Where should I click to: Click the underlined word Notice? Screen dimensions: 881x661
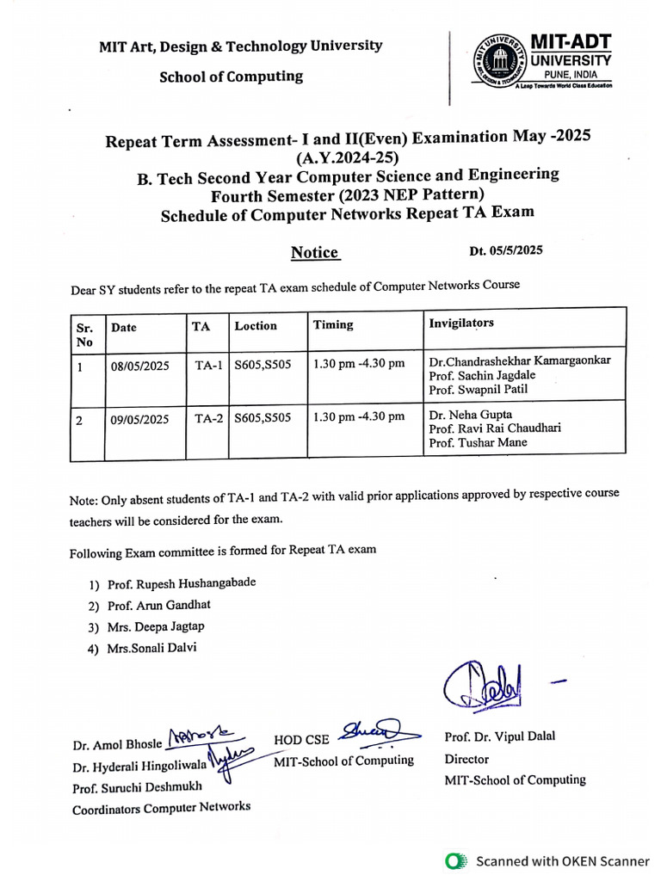tap(314, 252)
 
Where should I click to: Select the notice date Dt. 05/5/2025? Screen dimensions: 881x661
tap(506, 251)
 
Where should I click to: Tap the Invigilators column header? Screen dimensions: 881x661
tap(461, 323)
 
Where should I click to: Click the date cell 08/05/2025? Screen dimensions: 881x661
tap(139, 366)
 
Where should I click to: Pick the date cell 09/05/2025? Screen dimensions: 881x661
tap(139, 421)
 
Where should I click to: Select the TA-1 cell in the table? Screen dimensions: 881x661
tap(208, 365)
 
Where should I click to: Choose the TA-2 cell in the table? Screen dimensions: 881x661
tap(208, 419)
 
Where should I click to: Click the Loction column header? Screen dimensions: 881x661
tap(256, 325)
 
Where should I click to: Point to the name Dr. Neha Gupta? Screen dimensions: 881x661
tap(470, 415)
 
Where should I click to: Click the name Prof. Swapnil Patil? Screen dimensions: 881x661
tap(479, 389)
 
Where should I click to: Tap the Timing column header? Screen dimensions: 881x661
tap(333, 324)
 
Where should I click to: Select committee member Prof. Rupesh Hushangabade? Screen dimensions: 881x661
tap(181, 583)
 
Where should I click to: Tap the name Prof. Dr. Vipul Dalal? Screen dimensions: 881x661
tap(500, 736)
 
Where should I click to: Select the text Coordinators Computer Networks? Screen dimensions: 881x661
tap(161, 807)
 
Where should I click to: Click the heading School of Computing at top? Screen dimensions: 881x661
tap(231, 77)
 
